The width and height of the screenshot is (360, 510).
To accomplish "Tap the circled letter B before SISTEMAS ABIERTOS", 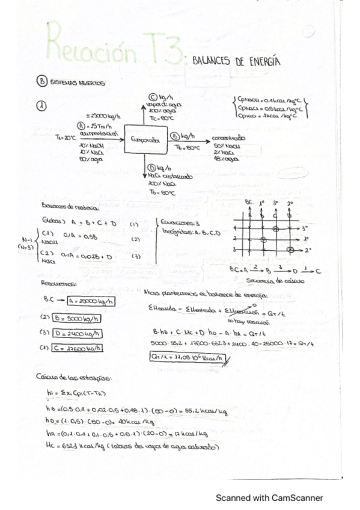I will click(41, 83).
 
